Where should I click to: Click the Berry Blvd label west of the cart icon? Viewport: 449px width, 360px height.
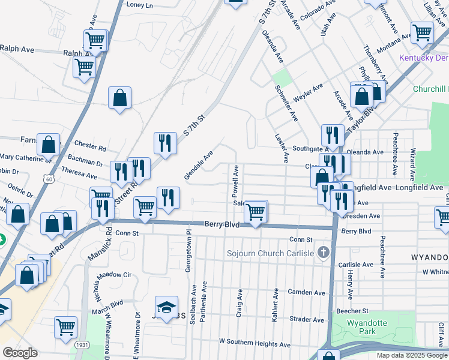tap(222, 224)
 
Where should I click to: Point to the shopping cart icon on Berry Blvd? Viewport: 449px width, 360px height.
tap(256, 211)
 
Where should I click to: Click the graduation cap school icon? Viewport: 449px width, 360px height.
tap(167, 306)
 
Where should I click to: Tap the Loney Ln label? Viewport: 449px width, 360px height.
tap(140, 5)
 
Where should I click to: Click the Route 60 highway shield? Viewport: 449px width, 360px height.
tap(49, 178)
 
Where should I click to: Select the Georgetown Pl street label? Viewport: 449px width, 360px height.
tap(188, 250)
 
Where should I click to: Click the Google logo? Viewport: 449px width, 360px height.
tap(20, 353)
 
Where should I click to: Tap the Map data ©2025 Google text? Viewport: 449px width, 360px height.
tap(411, 355)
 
